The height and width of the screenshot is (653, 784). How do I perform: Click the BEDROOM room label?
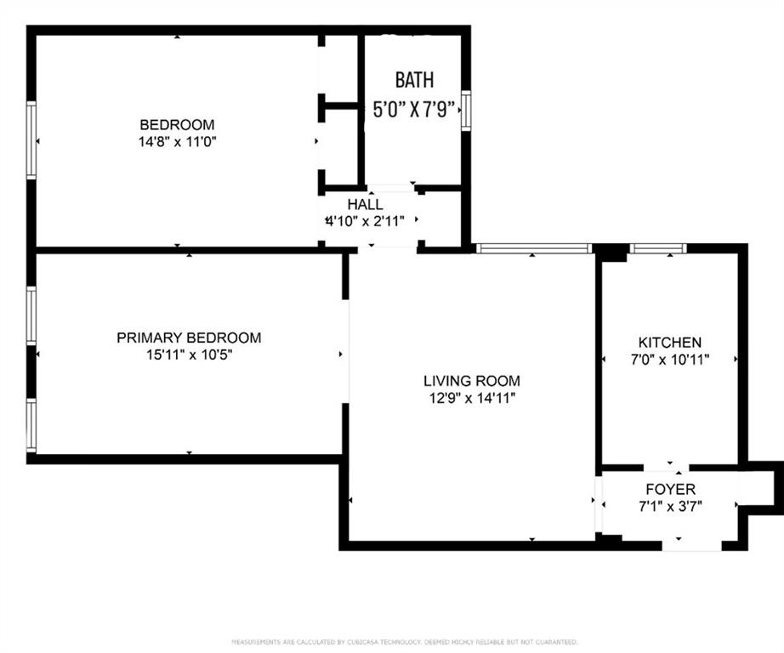click(x=177, y=124)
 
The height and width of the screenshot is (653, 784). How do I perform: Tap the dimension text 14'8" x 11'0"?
click(x=177, y=142)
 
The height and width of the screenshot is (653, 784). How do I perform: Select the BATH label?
click(x=414, y=80)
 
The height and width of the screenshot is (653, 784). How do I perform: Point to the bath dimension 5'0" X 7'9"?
click(x=414, y=109)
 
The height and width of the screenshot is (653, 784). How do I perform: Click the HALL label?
click(x=366, y=204)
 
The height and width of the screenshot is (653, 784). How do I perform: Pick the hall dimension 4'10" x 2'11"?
click(x=365, y=221)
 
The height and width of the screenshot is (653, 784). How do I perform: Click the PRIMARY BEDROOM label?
click(x=189, y=338)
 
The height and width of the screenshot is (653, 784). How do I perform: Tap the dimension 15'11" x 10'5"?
click(x=189, y=355)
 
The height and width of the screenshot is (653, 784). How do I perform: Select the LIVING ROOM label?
click(x=472, y=381)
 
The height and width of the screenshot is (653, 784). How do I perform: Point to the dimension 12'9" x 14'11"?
click(x=472, y=399)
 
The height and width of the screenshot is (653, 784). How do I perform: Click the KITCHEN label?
click(x=670, y=343)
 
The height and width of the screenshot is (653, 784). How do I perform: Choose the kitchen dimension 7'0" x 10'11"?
click(x=670, y=360)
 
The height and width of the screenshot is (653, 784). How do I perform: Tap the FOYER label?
click(x=671, y=489)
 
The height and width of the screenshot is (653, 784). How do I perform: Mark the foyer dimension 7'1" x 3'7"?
click(x=671, y=507)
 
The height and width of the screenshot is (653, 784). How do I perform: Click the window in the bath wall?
click(x=466, y=111)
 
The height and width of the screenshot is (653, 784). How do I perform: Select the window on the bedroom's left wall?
click(x=31, y=140)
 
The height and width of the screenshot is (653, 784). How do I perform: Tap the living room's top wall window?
click(x=534, y=248)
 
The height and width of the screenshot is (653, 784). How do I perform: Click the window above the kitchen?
click(x=658, y=248)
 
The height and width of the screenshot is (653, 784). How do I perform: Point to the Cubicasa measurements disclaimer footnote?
click(x=405, y=641)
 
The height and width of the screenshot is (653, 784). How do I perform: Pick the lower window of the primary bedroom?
click(x=31, y=425)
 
